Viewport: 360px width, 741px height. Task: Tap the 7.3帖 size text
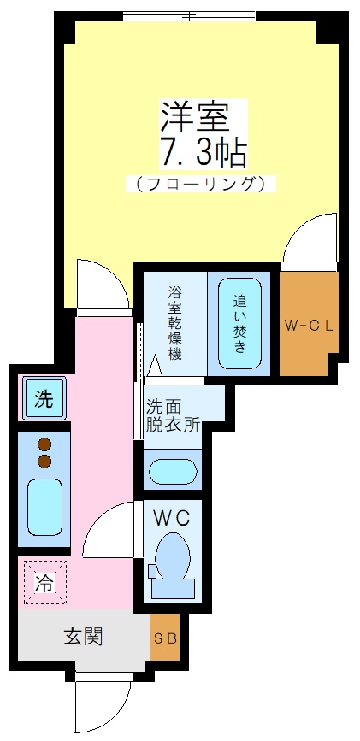tap(203, 153)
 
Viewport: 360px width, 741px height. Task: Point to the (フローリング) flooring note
tap(203, 183)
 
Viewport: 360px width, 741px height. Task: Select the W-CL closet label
tap(309, 325)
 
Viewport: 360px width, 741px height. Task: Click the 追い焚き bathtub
tap(239, 324)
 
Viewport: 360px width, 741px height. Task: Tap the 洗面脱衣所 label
tap(174, 415)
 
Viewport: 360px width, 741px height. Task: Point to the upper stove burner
tap(44, 444)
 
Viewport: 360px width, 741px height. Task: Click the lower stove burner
tap(44, 462)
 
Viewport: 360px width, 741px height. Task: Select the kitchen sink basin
tap(44, 508)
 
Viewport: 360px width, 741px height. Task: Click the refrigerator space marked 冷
tap(42, 582)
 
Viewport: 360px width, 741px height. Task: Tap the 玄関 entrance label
tap(84, 637)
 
